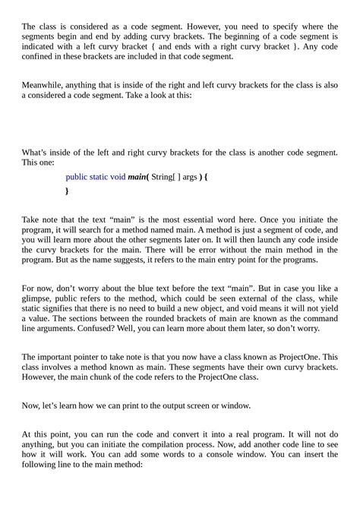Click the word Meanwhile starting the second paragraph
43,86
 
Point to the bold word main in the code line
137,177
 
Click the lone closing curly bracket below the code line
68,191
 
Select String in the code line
163,177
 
